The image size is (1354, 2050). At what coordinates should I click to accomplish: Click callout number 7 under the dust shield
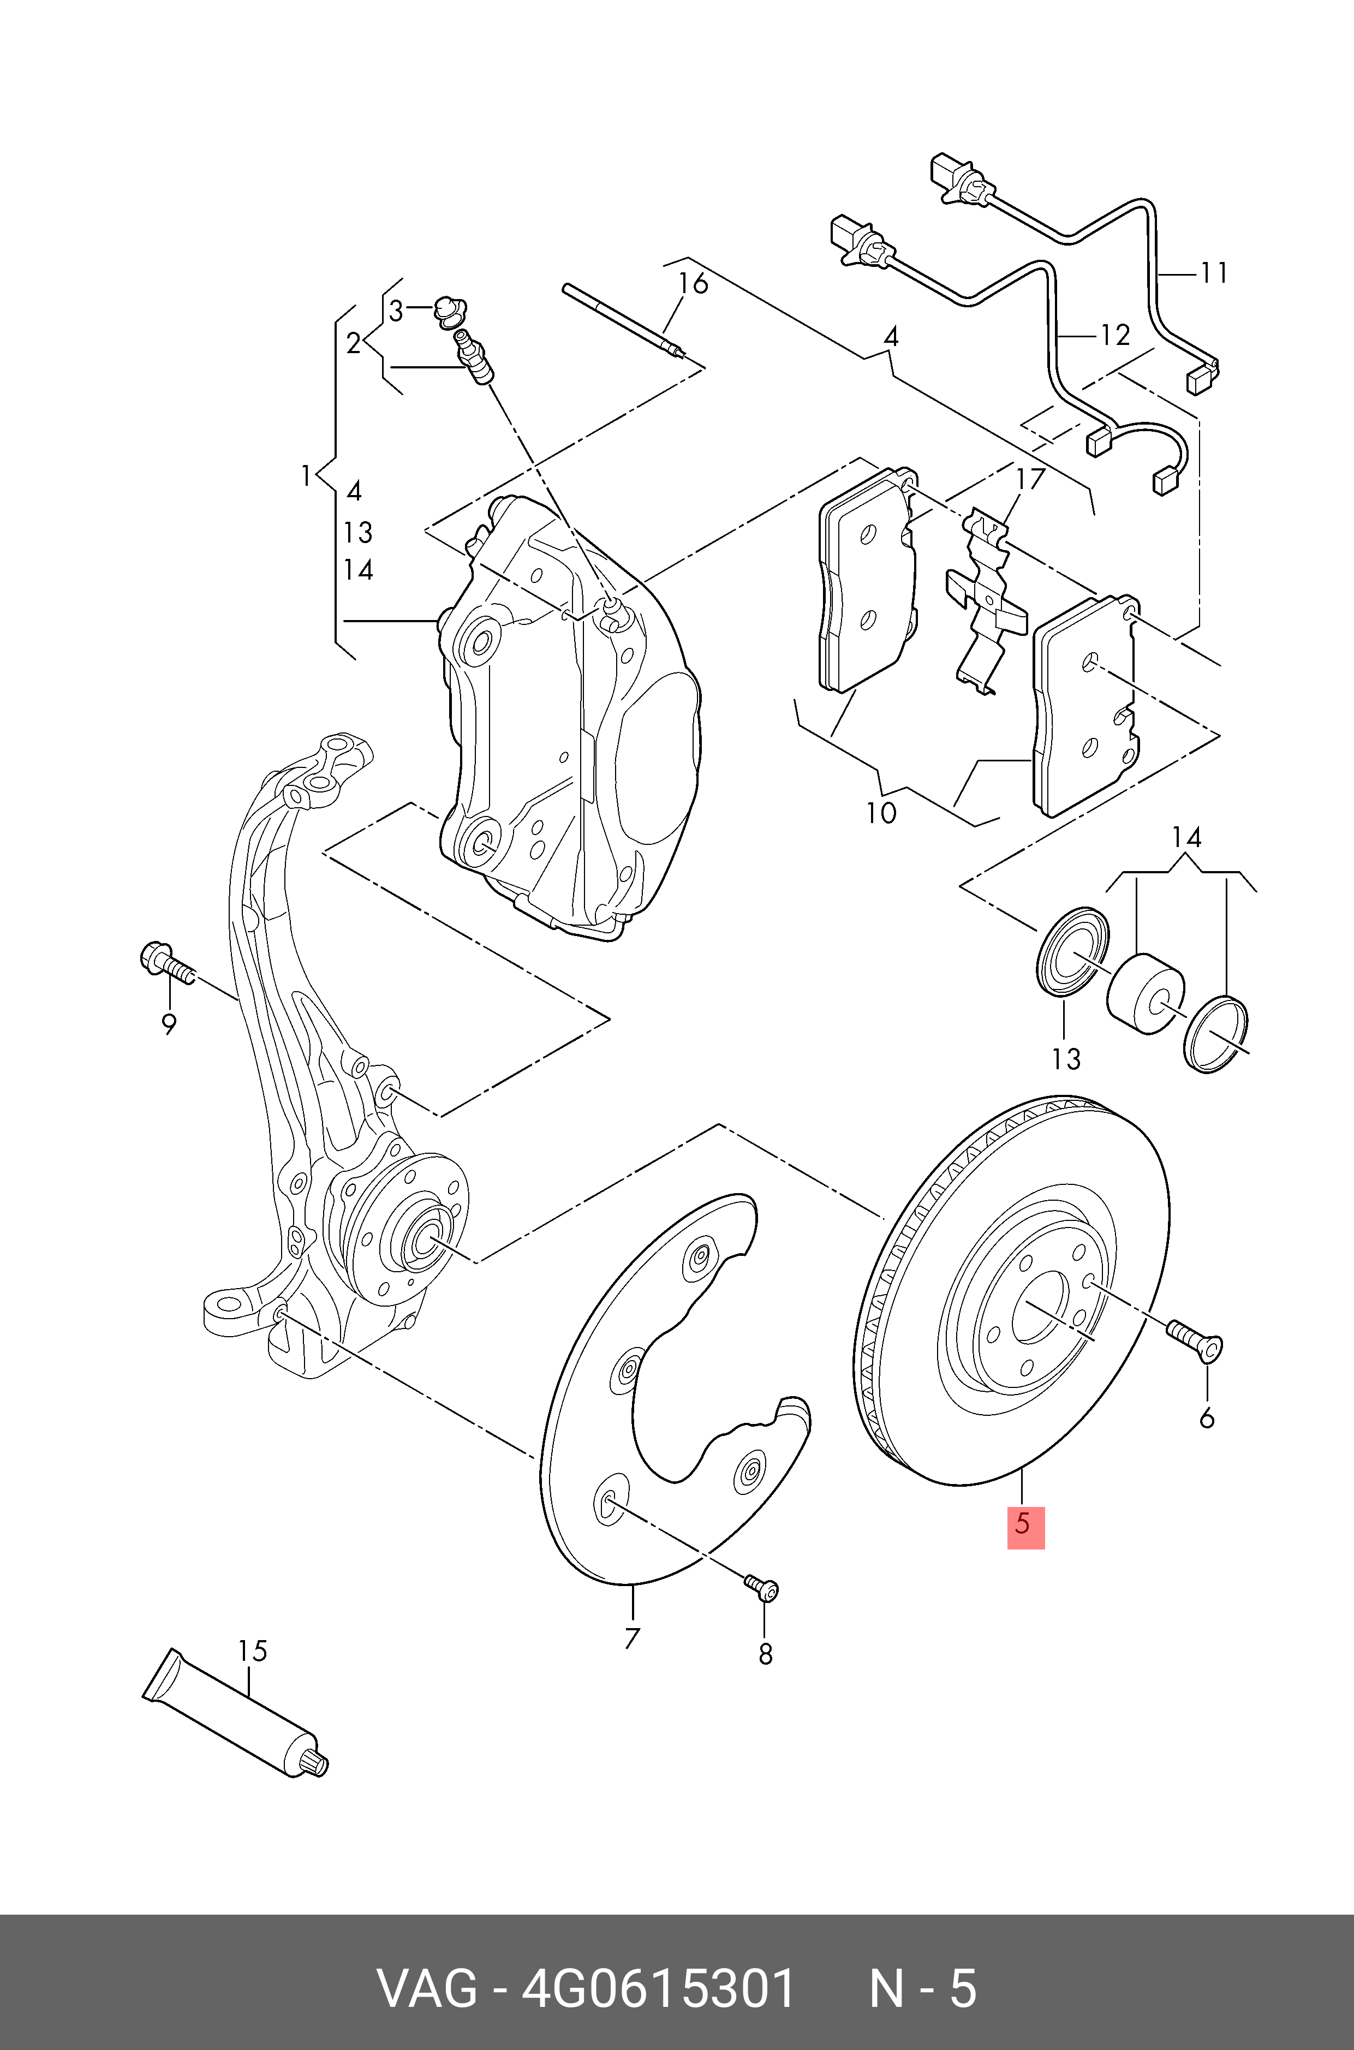tap(632, 1637)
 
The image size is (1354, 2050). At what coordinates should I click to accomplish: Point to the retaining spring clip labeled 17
tap(985, 596)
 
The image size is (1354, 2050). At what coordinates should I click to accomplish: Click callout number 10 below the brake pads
tap(881, 813)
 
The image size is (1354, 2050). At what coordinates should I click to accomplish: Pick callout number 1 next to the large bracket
tap(305, 476)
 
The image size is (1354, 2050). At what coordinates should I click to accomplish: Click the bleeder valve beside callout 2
tap(473, 356)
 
